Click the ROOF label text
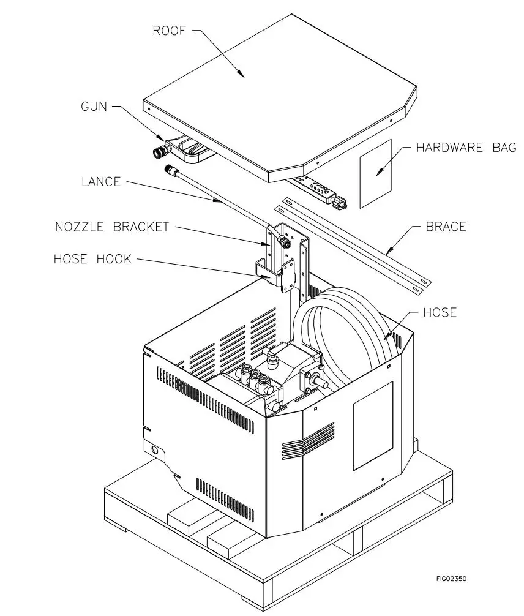coord(170,31)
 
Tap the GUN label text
coord(94,107)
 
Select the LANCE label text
coord(101,182)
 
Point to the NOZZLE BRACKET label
coord(112,227)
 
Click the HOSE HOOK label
coord(92,259)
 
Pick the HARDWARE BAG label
coord(466,148)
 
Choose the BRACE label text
coord(446,227)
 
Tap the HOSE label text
coord(440,313)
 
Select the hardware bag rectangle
coord(375,173)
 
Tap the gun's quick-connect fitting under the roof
coord(158,151)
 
